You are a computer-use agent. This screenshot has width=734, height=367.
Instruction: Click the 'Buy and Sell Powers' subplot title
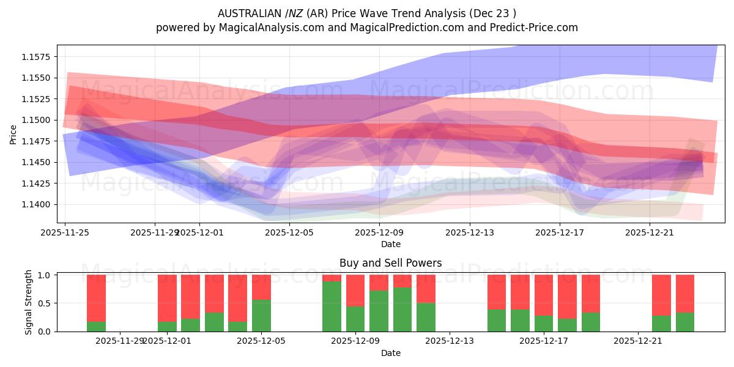tap(390, 264)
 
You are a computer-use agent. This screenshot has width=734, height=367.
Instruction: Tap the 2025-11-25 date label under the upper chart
tap(65, 232)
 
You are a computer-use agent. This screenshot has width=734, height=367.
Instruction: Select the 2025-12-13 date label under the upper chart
tap(470, 232)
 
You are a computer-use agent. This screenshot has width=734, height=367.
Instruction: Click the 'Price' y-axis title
tap(13, 135)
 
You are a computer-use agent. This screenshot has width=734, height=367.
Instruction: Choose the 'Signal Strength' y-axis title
tap(29, 303)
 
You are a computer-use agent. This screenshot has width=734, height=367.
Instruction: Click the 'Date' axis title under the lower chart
tap(390, 353)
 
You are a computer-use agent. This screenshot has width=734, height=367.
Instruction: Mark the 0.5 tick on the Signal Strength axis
tap(45, 303)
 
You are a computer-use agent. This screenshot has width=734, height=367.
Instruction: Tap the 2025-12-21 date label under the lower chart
tap(638, 341)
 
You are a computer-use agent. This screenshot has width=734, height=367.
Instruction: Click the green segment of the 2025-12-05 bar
tap(261, 315)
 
